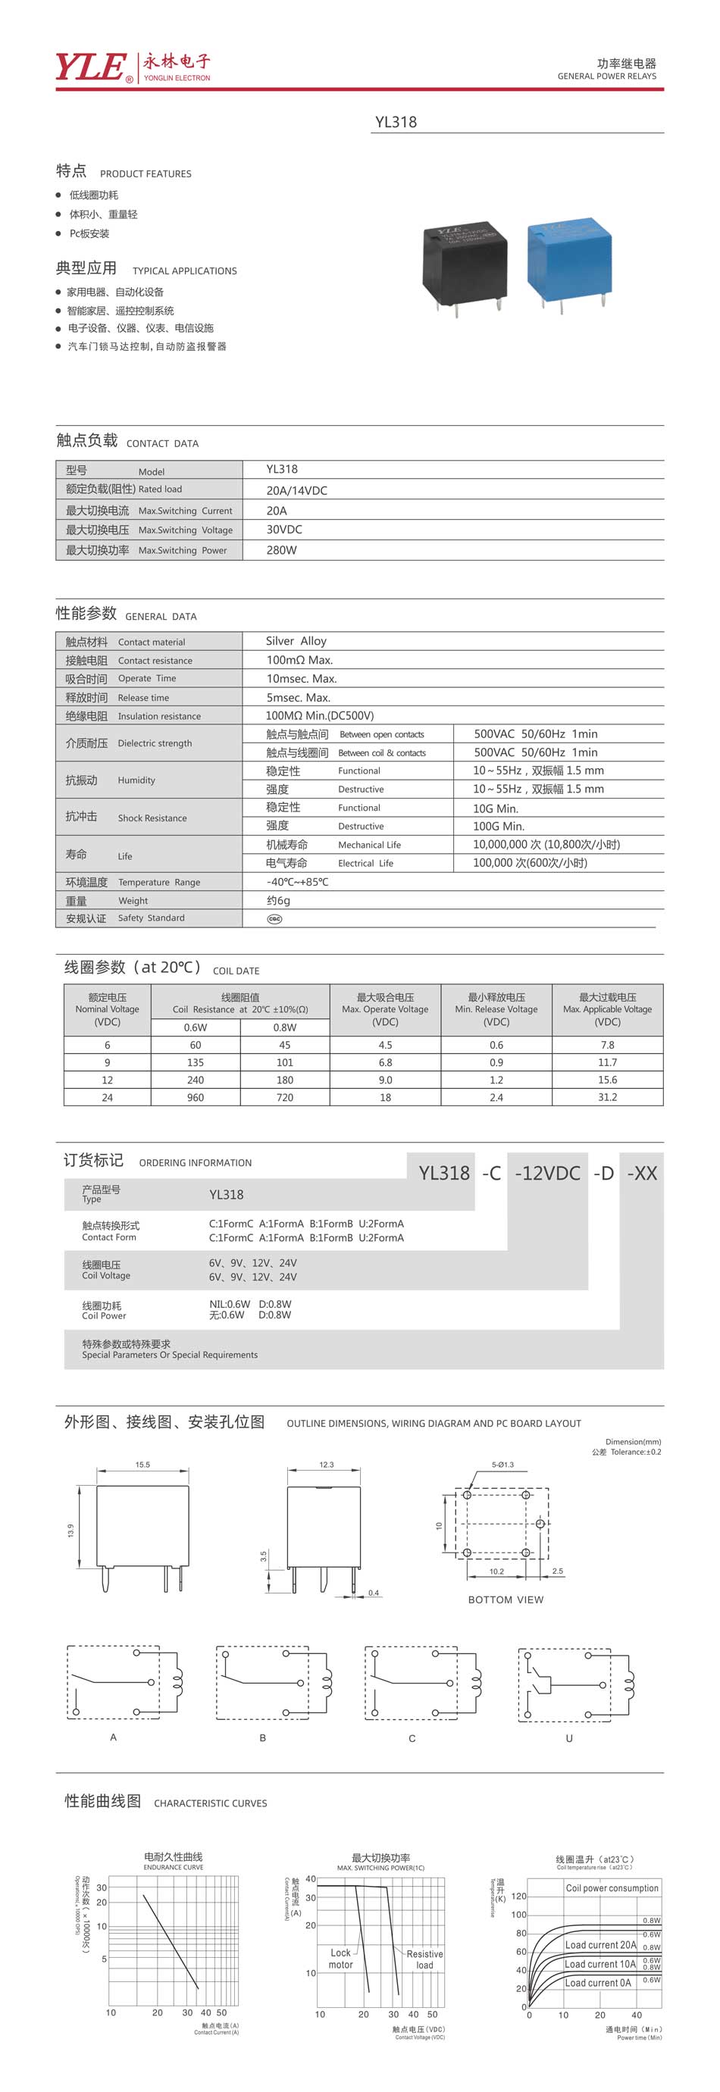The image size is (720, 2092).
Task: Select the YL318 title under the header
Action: click(396, 122)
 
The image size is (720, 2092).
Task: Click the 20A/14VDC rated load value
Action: click(296, 490)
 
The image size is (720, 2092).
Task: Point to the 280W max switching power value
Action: click(281, 550)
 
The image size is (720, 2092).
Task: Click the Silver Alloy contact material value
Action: click(296, 641)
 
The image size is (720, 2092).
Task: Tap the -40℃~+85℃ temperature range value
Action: click(297, 882)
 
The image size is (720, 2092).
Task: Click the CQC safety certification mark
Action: click(274, 918)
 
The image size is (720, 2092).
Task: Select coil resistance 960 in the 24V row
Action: click(196, 1097)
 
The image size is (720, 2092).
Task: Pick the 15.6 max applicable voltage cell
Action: click(607, 1080)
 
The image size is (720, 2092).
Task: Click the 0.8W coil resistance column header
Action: click(284, 1027)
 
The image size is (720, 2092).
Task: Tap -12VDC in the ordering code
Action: click(548, 1173)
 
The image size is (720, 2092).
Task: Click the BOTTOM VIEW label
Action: click(506, 1599)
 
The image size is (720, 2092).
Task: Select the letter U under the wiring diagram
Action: click(569, 1738)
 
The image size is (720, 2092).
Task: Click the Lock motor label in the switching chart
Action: click(340, 1958)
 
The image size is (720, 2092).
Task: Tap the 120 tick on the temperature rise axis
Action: click(518, 1896)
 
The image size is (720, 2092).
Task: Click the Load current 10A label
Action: click(599, 1964)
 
